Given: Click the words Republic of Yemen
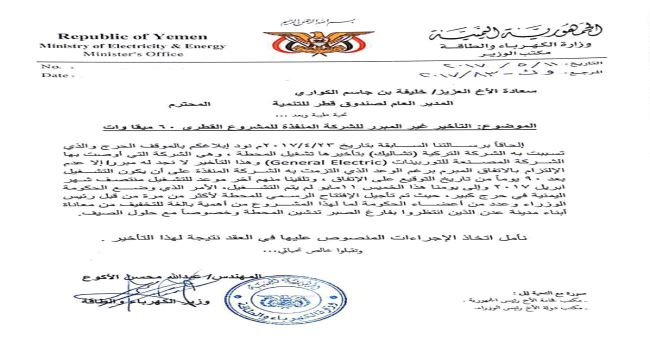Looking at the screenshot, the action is pyautogui.click(x=92, y=34).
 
